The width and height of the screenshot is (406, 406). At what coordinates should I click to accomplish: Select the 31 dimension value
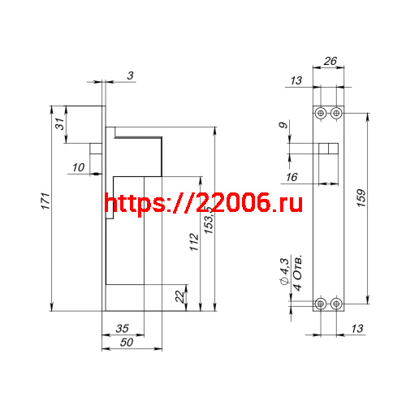point(58,127)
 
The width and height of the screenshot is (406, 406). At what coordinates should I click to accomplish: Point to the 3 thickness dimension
point(131,76)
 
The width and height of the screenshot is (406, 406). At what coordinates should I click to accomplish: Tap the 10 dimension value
point(78,168)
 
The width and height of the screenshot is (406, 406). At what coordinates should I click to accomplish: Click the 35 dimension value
point(122,329)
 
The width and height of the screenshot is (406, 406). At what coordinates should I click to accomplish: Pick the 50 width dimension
point(126,343)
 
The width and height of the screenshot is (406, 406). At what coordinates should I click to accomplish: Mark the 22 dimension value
point(179,297)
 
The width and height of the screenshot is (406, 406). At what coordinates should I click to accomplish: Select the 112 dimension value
point(193,243)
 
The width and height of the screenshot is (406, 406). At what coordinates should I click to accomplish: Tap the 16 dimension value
point(292,177)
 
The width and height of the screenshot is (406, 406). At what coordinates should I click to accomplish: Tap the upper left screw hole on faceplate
point(322,113)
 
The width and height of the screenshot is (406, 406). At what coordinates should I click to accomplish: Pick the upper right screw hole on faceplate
point(336,113)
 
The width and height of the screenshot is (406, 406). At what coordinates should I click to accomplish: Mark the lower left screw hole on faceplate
point(322,304)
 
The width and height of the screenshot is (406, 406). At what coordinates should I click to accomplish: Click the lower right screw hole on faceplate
point(336,304)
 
